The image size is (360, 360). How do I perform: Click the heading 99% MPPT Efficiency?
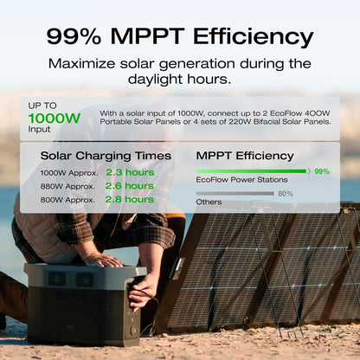[179, 36]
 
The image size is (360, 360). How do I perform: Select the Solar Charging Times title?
[97, 156]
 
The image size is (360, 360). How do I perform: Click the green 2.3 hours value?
[129, 172]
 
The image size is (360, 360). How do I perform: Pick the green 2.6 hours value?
[129, 185]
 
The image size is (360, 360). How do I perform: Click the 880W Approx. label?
[68, 185]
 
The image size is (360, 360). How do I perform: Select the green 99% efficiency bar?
[252, 171]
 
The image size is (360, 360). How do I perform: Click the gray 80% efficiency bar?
[235, 194]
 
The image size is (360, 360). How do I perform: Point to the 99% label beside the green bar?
[321, 171]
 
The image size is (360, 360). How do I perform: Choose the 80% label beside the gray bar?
[285, 194]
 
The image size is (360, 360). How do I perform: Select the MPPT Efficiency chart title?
[245, 156]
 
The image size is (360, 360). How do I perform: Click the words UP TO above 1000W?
[44, 104]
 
